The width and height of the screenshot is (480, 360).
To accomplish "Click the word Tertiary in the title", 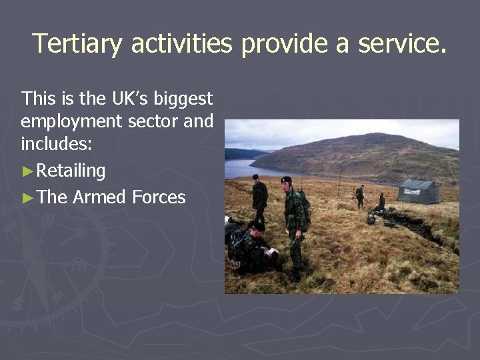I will click(x=77, y=44).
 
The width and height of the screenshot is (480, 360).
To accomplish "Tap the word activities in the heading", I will click(x=181, y=44).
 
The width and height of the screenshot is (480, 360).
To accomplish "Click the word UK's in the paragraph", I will click(x=130, y=99).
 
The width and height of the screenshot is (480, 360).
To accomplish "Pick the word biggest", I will click(x=183, y=100).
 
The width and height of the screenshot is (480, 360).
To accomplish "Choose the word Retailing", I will click(x=71, y=171).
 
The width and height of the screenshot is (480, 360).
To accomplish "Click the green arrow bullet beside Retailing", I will click(x=27, y=171).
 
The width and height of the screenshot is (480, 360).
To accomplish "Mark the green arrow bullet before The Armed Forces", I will click(x=27, y=197).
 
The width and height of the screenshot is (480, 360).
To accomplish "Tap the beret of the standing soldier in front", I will click(x=286, y=179).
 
